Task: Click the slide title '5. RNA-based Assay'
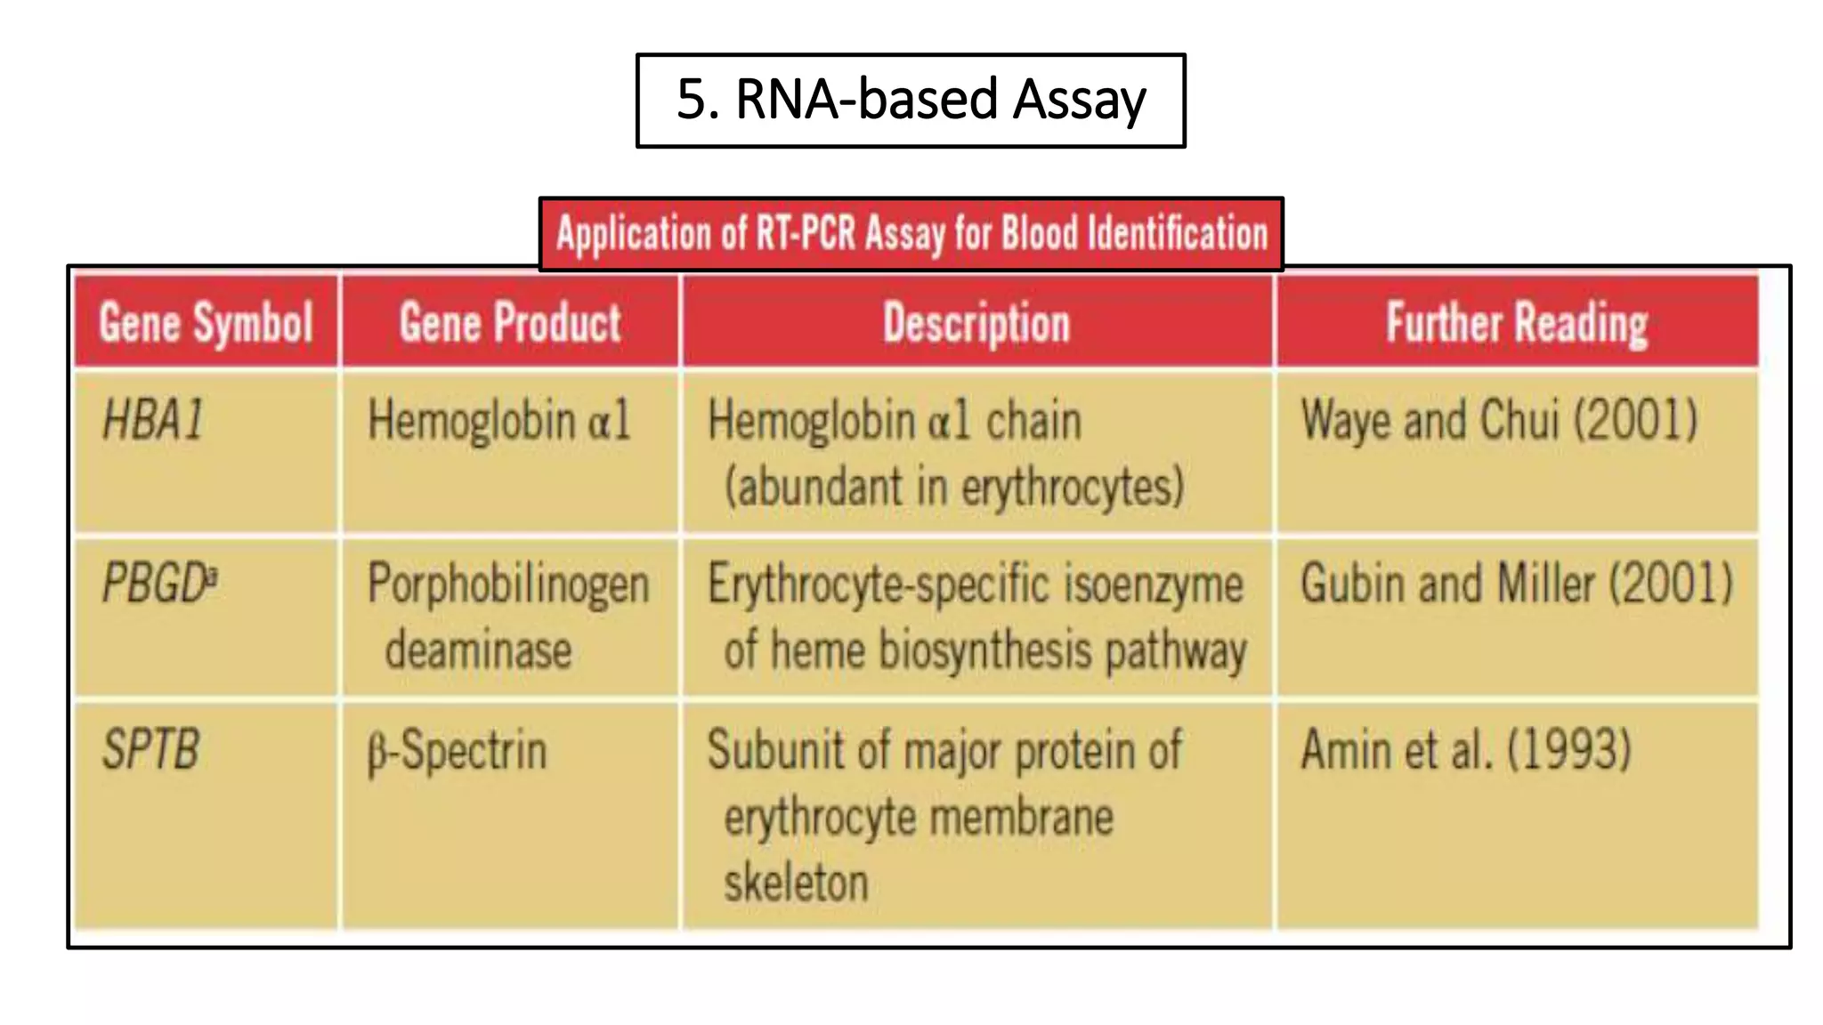(x=911, y=100)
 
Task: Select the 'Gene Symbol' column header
(x=206, y=322)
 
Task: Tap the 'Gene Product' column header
(x=510, y=322)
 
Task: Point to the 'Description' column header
(x=976, y=322)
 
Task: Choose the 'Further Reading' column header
(x=1517, y=322)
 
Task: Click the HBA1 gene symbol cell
(x=153, y=420)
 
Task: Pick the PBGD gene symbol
(x=153, y=585)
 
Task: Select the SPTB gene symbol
(x=150, y=749)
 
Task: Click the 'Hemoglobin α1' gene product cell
(x=498, y=420)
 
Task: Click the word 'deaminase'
(x=478, y=650)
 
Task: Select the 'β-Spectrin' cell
(x=458, y=751)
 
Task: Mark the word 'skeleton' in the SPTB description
(x=796, y=883)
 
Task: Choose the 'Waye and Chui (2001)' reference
(x=1499, y=420)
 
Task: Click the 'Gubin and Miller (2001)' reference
(x=1517, y=585)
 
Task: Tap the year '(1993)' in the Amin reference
(x=1568, y=750)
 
